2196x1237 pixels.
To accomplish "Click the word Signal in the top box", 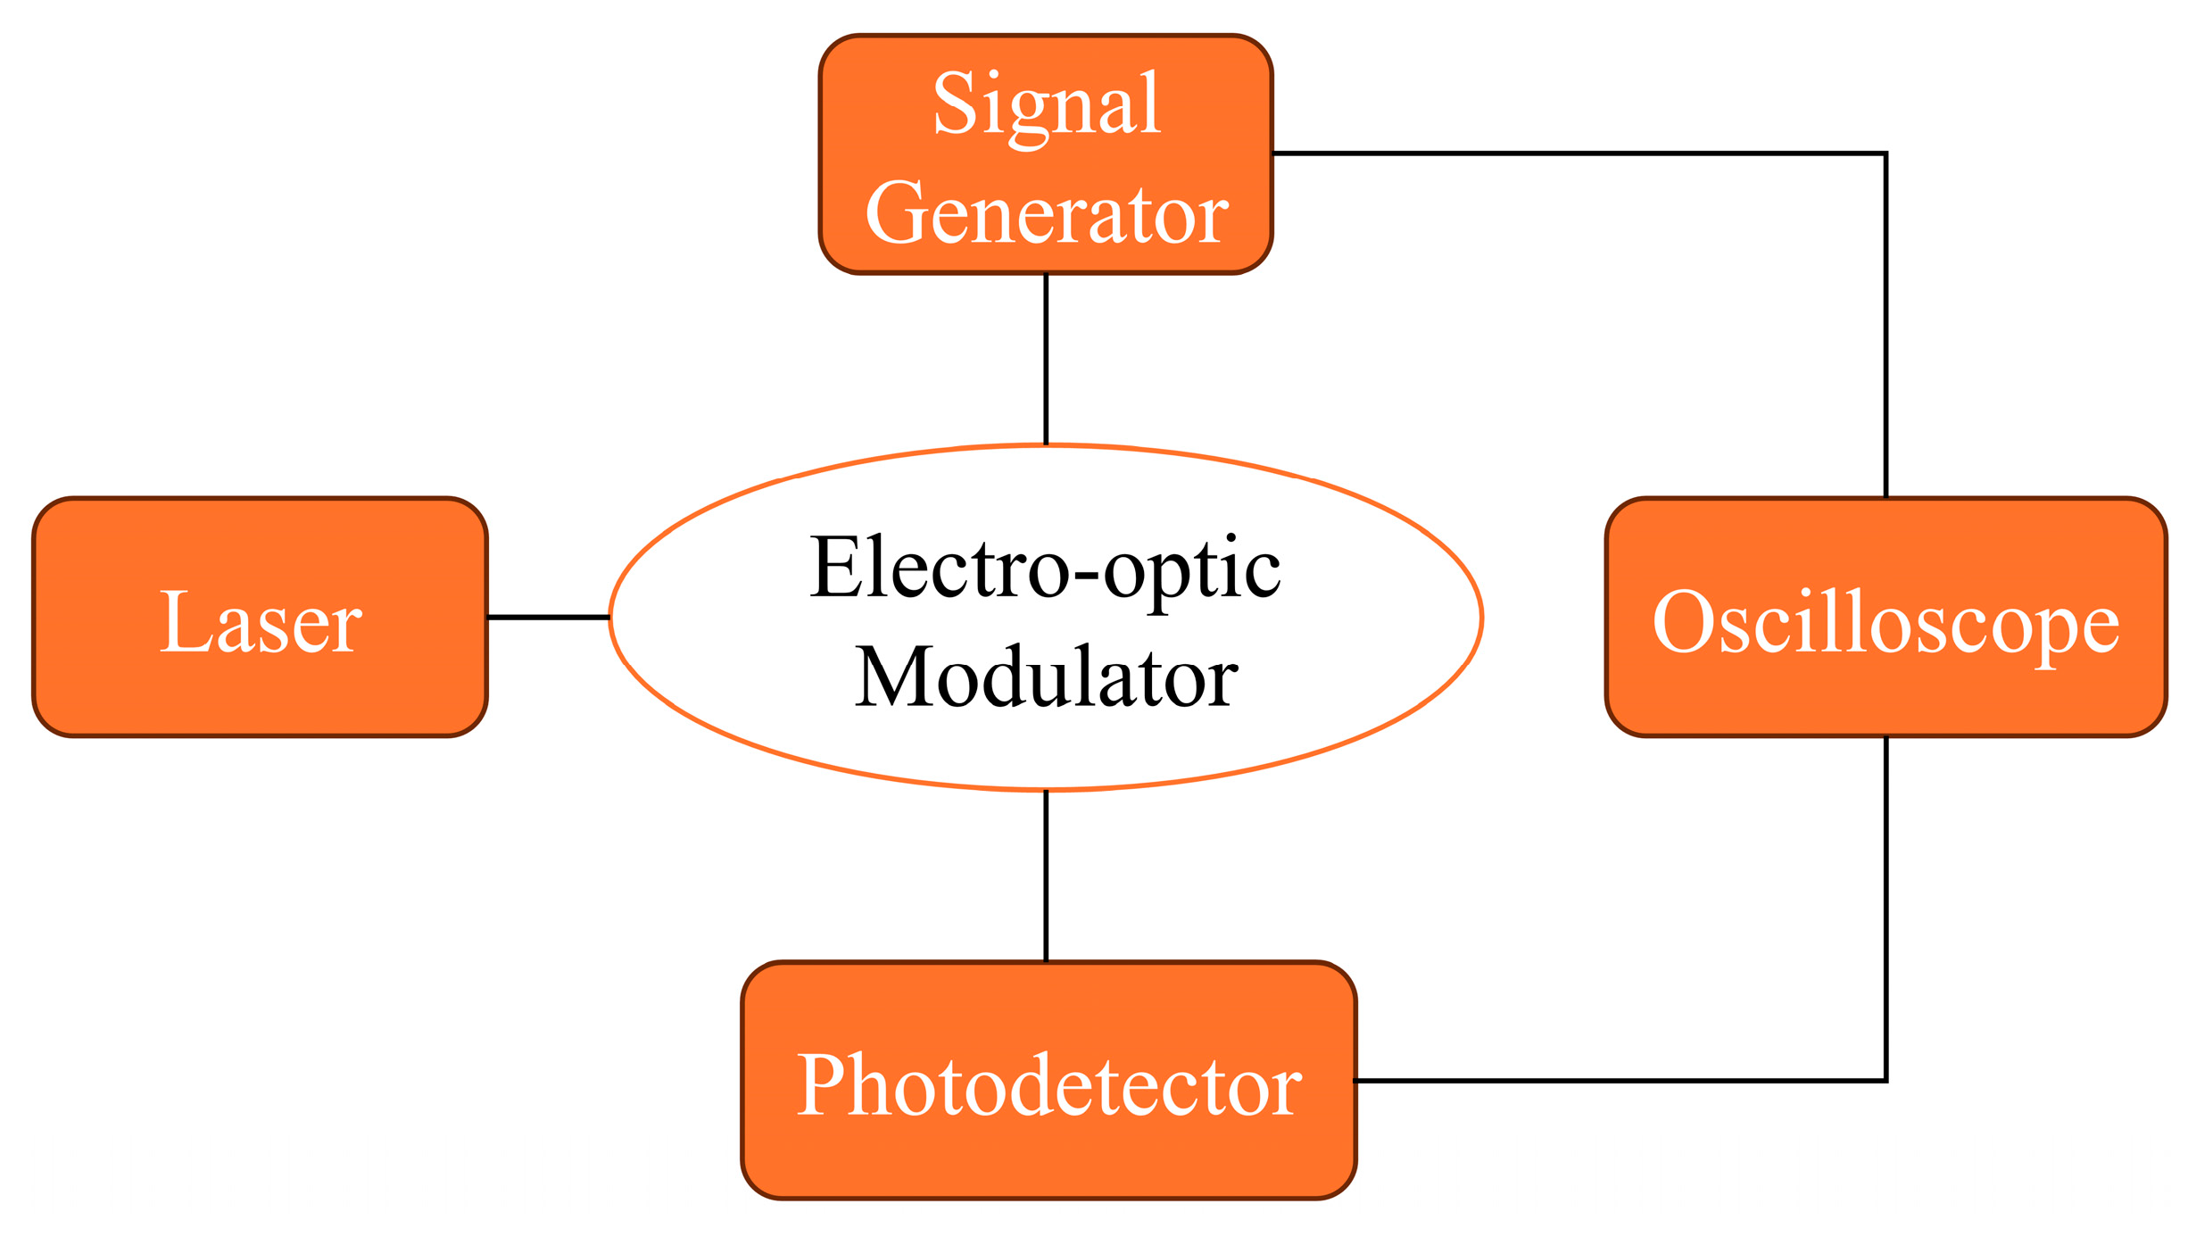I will [1046, 105].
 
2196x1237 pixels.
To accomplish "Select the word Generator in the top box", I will [1046, 214].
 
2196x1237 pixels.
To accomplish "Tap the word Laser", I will [260, 623].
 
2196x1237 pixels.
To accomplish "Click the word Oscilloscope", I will [1885, 623].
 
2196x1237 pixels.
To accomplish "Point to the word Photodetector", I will [1048, 1085].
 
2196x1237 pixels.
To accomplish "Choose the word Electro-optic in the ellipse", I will [1045, 569].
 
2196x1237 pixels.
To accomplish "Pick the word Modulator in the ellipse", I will [1046, 677].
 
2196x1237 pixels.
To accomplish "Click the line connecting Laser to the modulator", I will [548, 617].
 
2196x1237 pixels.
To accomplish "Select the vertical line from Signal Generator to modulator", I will [1046, 357].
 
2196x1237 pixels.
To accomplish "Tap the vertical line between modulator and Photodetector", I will [1046, 875].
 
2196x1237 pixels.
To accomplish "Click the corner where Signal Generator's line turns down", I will [1885, 154].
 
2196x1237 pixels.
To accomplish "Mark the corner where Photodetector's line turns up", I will [1885, 1081].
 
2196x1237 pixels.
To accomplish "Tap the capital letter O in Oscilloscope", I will [1678, 622].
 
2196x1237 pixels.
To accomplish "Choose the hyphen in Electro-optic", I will [1086, 572].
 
